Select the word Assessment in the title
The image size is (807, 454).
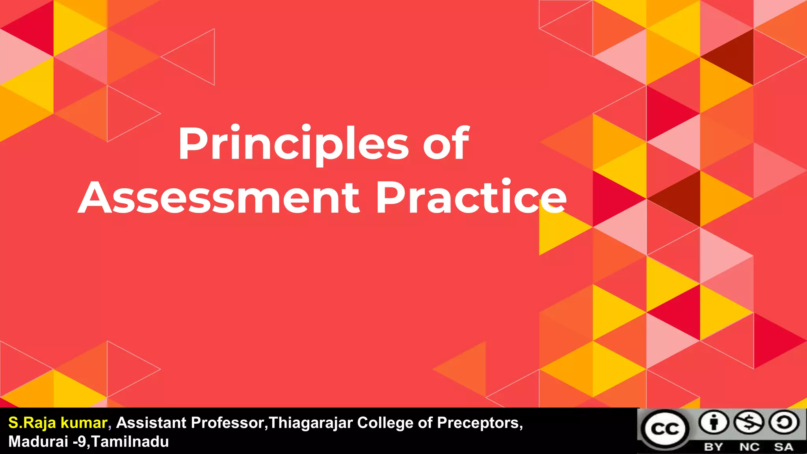click(219, 197)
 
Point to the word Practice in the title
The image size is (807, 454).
click(471, 197)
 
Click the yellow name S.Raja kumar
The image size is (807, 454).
click(58, 423)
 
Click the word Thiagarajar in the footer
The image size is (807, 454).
click(311, 423)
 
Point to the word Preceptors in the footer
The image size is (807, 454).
click(479, 423)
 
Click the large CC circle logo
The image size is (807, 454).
click(665, 429)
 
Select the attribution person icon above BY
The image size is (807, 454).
click(714, 423)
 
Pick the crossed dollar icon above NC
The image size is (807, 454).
click(749, 423)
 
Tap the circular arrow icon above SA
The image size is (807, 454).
click(784, 423)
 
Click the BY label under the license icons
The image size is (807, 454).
click(713, 447)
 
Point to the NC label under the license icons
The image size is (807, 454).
click(749, 447)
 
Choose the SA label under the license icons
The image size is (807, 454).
click(783, 447)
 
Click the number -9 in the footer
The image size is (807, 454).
click(79, 442)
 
